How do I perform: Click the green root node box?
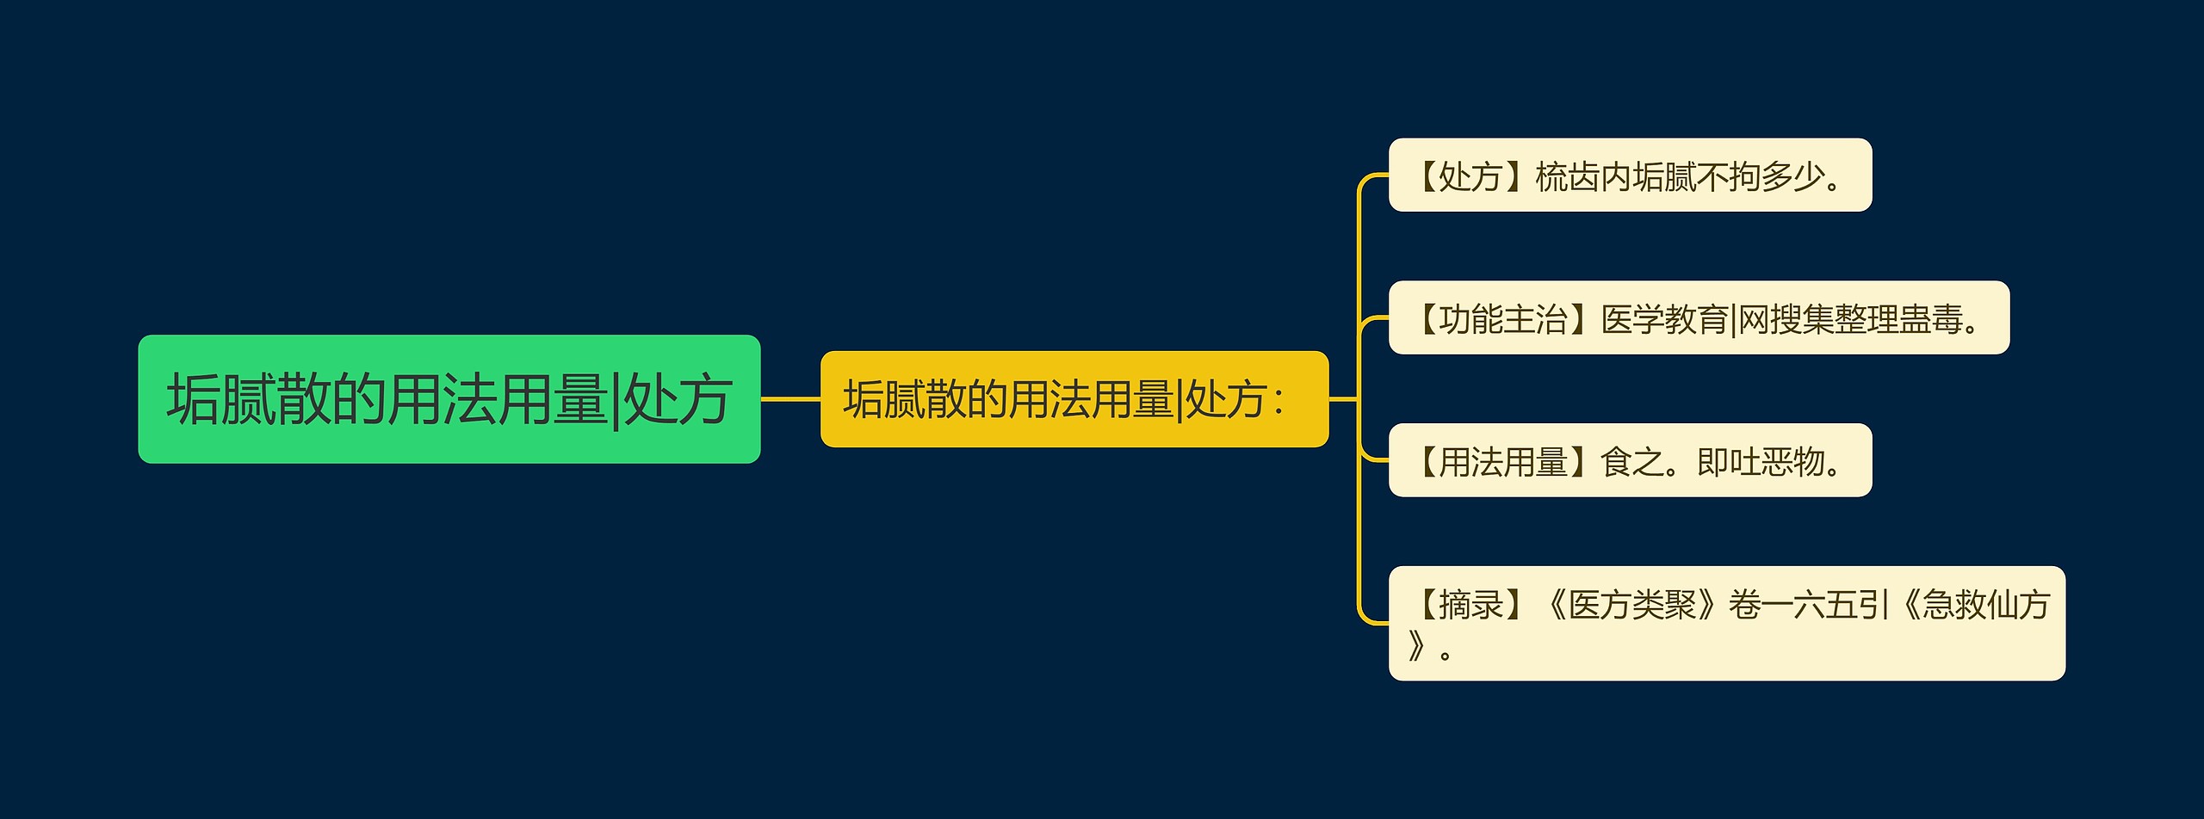(449, 399)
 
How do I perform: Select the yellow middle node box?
(1074, 399)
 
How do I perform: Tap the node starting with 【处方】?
(1630, 175)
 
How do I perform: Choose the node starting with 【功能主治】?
(1699, 317)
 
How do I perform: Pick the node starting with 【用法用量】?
(1630, 460)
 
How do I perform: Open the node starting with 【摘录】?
(1726, 624)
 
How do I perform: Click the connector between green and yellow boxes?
(790, 399)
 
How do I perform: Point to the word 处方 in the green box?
(677, 400)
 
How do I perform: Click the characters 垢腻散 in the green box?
(249, 400)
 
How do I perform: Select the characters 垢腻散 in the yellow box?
(905, 400)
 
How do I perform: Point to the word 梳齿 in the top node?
(1568, 176)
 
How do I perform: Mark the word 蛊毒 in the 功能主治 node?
(1931, 319)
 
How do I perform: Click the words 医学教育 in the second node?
(1664, 319)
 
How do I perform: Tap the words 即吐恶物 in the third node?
(1761, 462)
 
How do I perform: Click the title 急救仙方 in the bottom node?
(1986, 605)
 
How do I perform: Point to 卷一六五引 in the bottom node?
(1809, 605)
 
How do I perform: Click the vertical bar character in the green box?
(616, 400)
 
